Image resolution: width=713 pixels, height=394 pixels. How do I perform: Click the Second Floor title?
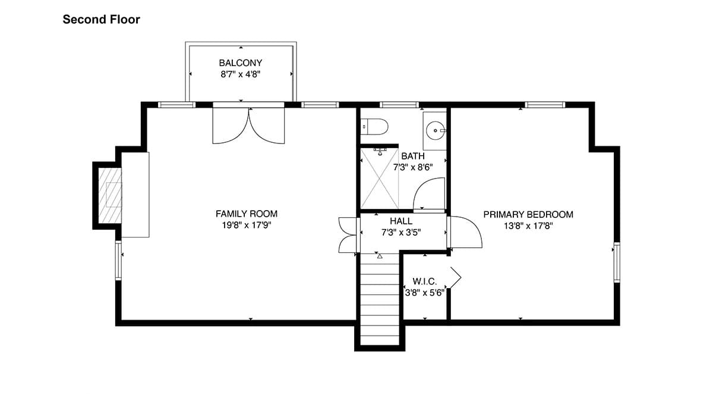point(101,20)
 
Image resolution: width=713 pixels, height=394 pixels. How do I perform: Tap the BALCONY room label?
point(241,63)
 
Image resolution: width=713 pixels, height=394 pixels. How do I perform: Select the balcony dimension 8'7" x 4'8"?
point(241,74)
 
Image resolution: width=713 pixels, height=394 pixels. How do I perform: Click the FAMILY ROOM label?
point(247,214)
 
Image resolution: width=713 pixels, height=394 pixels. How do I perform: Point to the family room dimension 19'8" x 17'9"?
point(247,226)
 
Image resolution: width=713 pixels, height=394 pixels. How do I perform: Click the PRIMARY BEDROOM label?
point(528,214)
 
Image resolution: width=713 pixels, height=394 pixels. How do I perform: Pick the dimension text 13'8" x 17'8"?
point(528,226)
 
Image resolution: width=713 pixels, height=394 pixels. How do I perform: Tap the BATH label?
point(413,156)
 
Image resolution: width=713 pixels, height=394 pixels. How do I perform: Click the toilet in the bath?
point(374,127)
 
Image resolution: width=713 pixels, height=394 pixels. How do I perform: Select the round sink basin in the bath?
point(435,131)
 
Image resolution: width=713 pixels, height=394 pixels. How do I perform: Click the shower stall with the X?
point(380,179)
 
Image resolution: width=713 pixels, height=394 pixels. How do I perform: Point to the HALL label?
point(401,221)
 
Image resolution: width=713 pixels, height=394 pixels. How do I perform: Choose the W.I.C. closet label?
point(425,282)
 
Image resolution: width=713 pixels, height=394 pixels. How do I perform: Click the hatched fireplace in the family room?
point(110,196)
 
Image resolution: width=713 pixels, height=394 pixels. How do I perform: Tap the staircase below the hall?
point(380,299)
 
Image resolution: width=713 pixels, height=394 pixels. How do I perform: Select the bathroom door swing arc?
point(420,186)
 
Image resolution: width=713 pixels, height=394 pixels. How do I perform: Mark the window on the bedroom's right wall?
point(617,262)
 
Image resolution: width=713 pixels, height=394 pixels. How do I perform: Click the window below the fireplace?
point(118,261)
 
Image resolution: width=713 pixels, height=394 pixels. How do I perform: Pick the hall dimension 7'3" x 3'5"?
point(401,233)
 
